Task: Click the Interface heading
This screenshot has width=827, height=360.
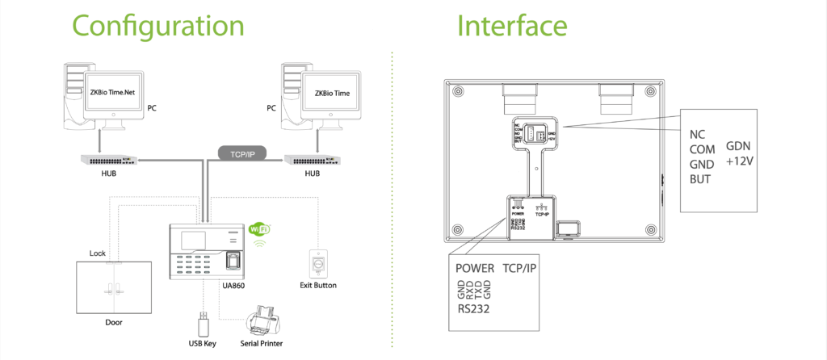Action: click(512, 26)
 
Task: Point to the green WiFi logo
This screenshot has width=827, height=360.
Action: click(260, 228)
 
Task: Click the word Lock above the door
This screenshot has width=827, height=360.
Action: click(98, 253)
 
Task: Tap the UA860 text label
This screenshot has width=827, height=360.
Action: click(233, 285)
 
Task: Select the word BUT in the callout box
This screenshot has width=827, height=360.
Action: click(700, 178)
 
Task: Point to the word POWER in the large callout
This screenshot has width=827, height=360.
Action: click(474, 268)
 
